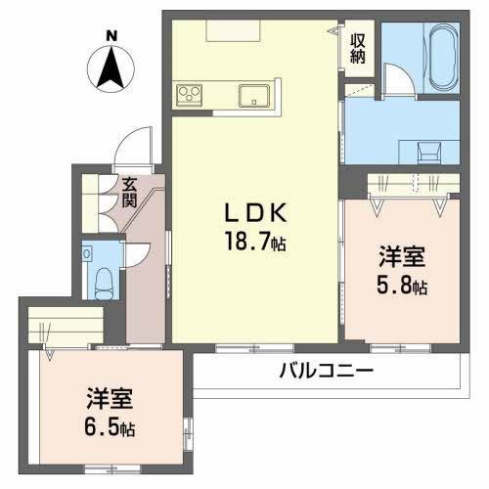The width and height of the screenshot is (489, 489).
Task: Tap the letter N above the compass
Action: coord(111,36)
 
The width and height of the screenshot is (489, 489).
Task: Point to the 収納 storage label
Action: coord(359,48)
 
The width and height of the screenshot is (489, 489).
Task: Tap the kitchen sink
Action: coord(255,96)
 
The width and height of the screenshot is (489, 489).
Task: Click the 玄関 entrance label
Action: coord(129,193)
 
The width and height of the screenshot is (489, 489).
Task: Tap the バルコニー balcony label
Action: coord(326,372)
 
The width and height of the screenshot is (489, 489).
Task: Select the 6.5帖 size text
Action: coord(111,427)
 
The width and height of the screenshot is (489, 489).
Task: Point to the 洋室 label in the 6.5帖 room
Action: coord(109,400)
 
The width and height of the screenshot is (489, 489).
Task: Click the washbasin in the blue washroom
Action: coord(428,152)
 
